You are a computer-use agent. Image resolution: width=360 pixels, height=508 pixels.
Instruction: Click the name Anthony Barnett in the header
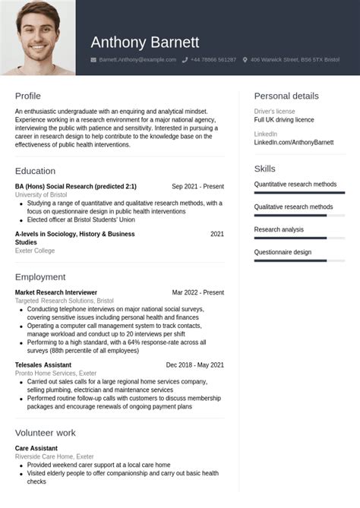144,42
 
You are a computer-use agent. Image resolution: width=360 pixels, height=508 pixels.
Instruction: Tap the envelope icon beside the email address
93,59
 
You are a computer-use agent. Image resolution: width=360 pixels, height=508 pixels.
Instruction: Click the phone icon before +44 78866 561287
185,59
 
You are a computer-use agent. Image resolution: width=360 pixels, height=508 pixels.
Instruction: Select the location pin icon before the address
245,59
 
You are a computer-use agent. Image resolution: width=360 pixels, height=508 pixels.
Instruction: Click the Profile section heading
28,96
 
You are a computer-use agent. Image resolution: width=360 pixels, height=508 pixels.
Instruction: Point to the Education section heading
35,171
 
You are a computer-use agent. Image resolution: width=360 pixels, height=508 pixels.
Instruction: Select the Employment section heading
39,278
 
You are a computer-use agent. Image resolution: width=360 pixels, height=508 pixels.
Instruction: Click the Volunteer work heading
45,433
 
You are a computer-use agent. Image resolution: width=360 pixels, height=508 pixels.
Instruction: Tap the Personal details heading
286,96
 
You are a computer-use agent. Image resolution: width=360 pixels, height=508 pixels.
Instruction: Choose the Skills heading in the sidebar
264,169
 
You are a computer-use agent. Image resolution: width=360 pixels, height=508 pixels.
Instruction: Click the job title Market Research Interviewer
56,292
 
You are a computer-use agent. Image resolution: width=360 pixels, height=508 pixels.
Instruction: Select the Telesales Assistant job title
43,365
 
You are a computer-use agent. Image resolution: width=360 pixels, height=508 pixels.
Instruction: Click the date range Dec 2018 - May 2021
195,365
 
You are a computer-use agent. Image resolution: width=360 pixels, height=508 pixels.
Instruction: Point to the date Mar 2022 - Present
197,292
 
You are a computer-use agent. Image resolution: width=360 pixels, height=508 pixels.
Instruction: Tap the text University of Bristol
41,195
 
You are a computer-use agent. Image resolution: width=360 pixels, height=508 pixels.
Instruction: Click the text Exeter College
35,251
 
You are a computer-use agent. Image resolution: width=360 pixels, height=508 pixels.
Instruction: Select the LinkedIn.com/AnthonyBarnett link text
293,142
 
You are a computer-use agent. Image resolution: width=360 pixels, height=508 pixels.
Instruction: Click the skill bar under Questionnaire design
298,260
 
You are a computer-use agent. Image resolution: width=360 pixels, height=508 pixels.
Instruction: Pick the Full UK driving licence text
283,120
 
